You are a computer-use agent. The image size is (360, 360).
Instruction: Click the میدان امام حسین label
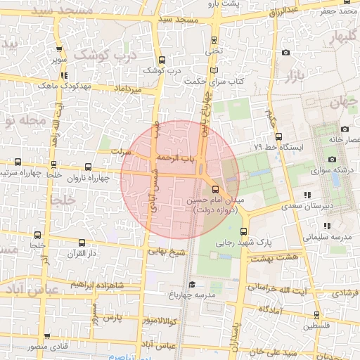[214, 200]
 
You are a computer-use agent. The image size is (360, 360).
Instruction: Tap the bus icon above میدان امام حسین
[214, 189]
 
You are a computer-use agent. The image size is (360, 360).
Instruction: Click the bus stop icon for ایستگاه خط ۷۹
[278, 136]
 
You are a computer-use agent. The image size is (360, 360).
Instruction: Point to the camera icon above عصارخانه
[345, 129]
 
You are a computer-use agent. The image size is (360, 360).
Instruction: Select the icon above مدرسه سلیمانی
[327, 226]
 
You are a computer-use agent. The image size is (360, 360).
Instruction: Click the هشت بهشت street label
[279, 258]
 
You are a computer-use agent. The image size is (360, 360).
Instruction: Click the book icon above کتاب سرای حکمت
[208, 71]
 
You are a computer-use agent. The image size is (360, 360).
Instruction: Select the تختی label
[213, 51]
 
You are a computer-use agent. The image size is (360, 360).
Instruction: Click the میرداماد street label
[129, 89]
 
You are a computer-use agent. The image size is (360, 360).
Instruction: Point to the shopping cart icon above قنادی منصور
[47, 337]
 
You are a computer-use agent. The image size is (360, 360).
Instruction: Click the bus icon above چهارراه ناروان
[88, 167]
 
